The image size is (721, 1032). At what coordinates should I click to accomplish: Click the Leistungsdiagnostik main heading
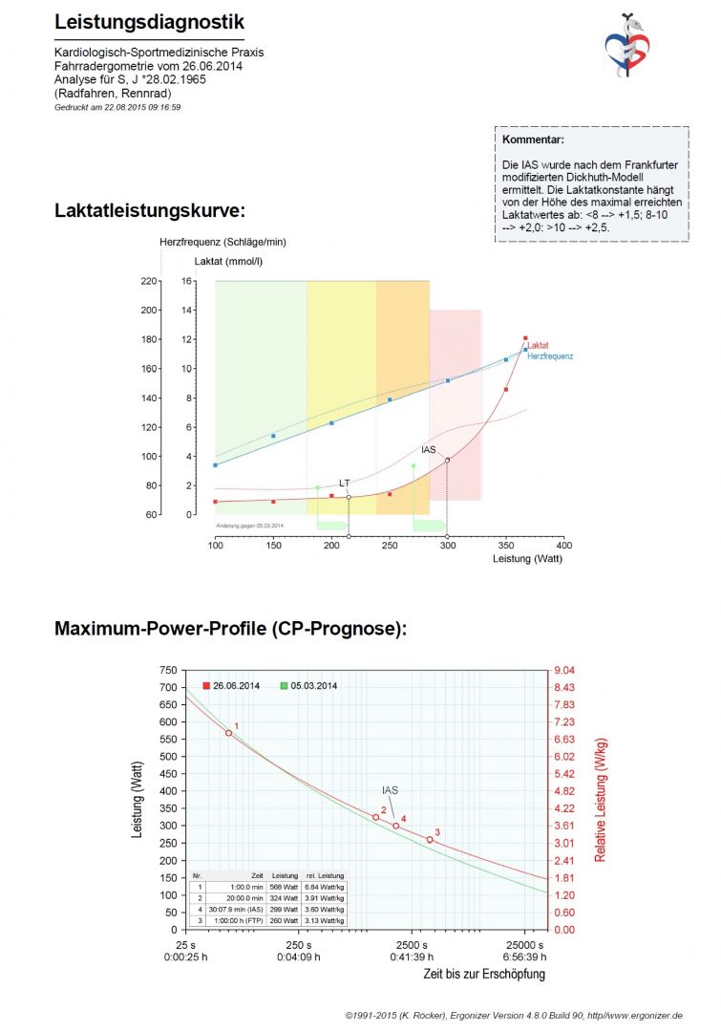149,22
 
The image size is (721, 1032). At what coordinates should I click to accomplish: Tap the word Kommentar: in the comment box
533,140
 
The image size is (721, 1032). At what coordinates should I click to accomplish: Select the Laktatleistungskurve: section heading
150,210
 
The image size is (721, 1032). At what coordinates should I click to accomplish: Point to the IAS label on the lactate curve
429,449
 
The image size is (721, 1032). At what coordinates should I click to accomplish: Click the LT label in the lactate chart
345,484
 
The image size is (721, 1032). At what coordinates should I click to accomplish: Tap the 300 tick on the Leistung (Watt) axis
448,545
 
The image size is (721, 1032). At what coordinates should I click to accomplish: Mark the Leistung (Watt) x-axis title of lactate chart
527,558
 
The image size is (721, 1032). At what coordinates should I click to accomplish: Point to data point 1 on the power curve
228,733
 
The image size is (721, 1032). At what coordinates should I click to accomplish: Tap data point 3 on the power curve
430,840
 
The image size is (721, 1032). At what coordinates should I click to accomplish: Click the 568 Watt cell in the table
286,887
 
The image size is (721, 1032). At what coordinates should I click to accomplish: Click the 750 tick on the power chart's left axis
168,671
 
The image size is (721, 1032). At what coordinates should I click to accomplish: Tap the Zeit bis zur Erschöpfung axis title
484,974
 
